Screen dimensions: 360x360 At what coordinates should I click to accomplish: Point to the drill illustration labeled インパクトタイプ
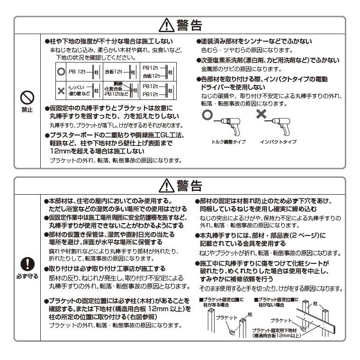283,124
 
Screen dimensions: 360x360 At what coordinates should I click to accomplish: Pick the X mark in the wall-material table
60,89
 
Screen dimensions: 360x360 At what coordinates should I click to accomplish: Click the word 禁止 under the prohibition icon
27,110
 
